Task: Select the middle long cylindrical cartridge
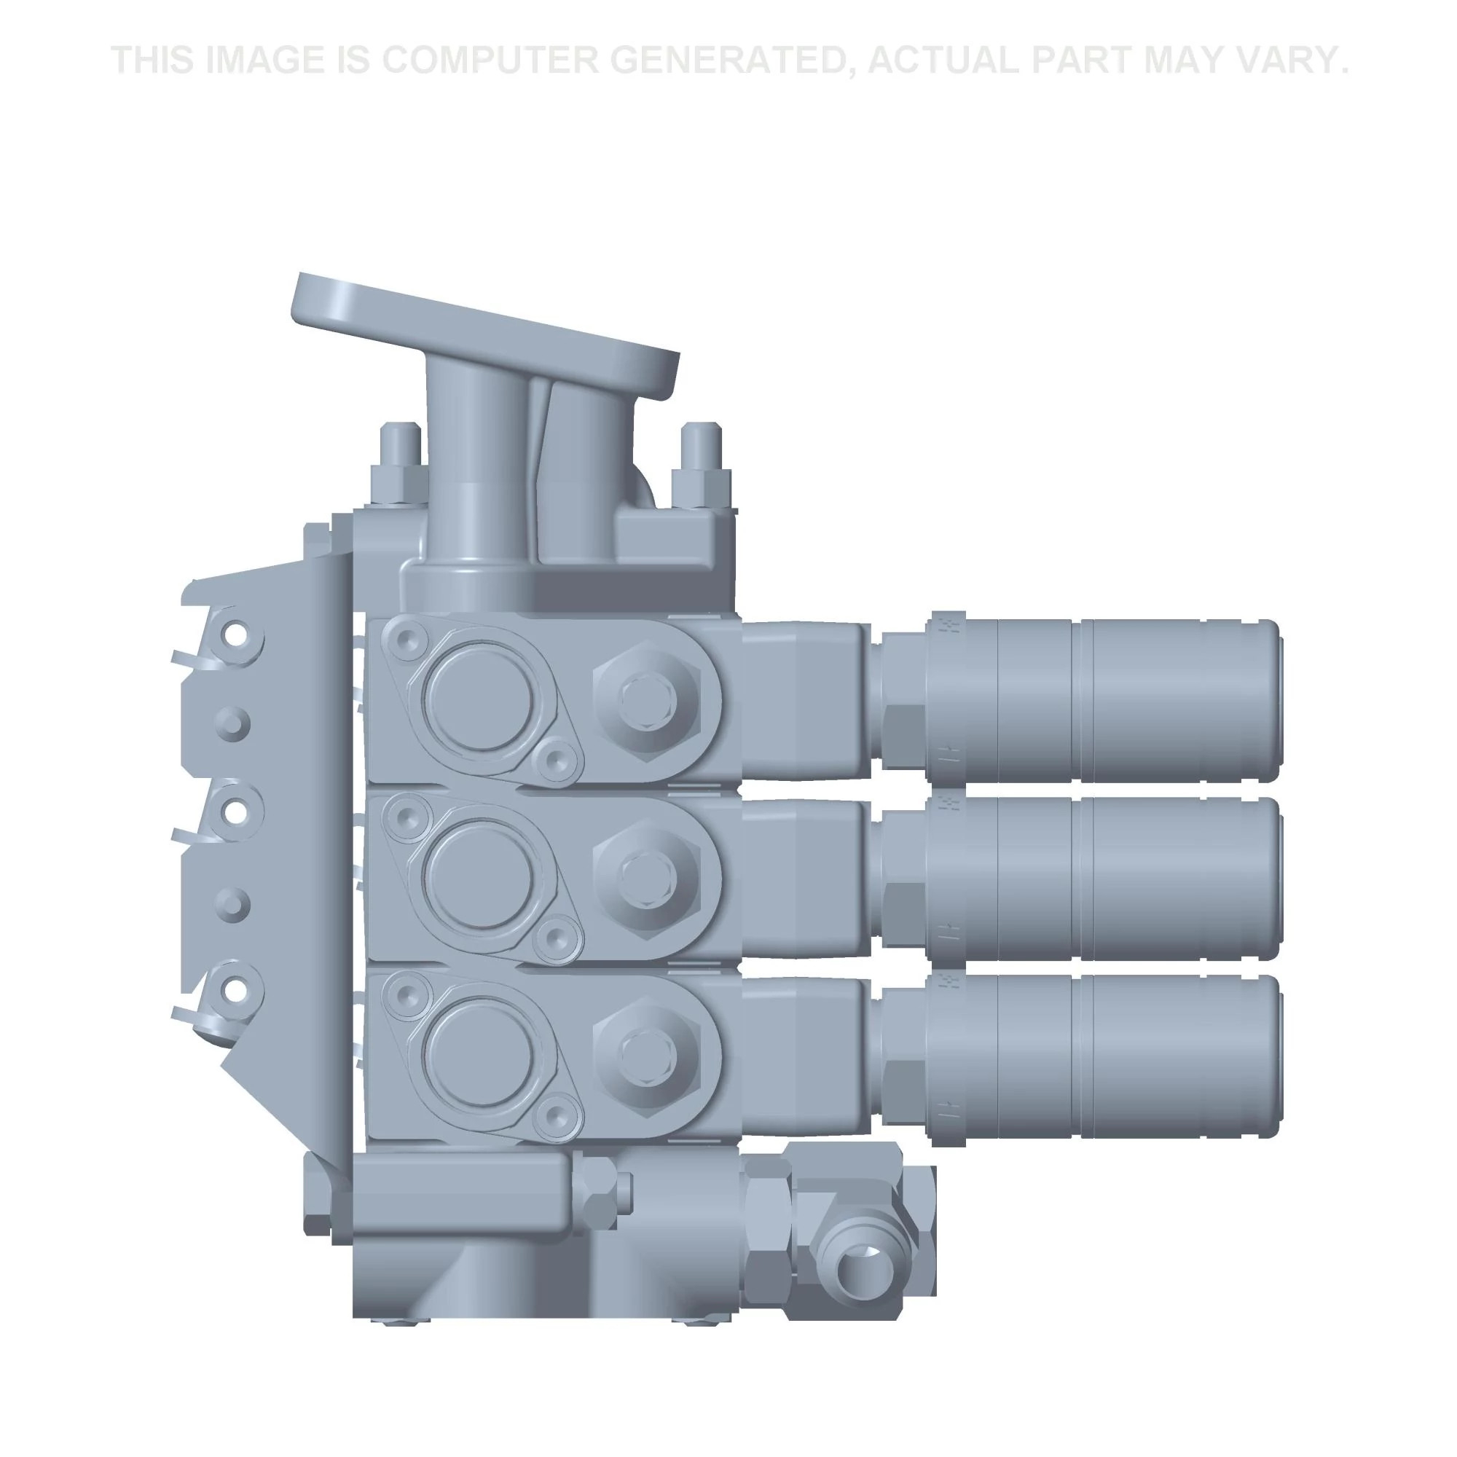coord(1102,877)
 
